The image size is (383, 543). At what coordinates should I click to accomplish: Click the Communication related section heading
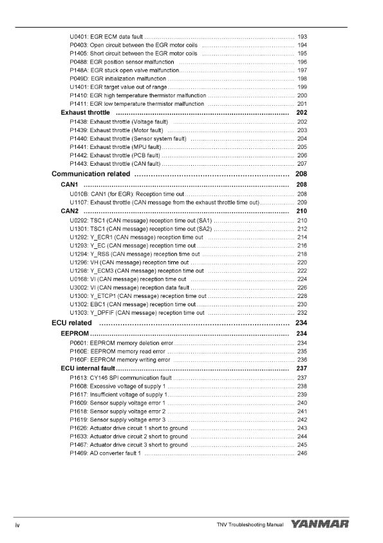pyautogui.click(x=91, y=174)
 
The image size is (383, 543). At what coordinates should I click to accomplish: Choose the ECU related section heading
pyautogui.click(x=71, y=322)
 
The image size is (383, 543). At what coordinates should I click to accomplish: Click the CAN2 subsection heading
pyautogui.click(x=70, y=211)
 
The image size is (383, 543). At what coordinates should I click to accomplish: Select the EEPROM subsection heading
pyautogui.click(x=75, y=333)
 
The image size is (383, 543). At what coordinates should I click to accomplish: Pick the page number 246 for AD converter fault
pyautogui.click(x=302, y=454)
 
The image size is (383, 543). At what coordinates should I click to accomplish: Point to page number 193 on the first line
pyautogui.click(x=302, y=36)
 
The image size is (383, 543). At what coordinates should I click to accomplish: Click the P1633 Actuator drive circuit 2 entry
pyautogui.click(x=129, y=437)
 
